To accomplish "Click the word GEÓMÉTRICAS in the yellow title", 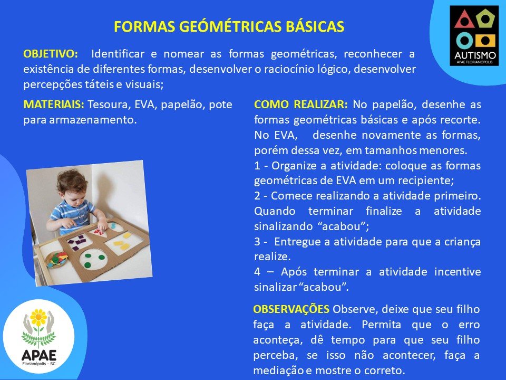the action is coord(230,27).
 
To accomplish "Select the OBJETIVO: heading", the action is coord(51,54).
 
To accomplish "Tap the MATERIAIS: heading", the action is coord(54,104).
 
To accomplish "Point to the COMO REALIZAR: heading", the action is coord(301,104).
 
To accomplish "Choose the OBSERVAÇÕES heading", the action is coord(291,309).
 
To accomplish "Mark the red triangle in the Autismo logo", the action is coord(464,20).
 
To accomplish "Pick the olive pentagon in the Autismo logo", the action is coord(485,19).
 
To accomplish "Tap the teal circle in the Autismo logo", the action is coord(464,41).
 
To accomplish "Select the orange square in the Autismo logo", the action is coord(485,41).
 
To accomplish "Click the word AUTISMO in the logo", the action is coord(475,55).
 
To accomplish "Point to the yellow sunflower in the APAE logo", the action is coord(38,318).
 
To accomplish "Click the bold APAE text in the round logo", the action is coord(38,355).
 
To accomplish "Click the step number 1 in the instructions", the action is coord(257,166).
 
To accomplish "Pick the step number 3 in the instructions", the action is coord(257,242).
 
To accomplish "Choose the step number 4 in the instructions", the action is coord(257,272).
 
